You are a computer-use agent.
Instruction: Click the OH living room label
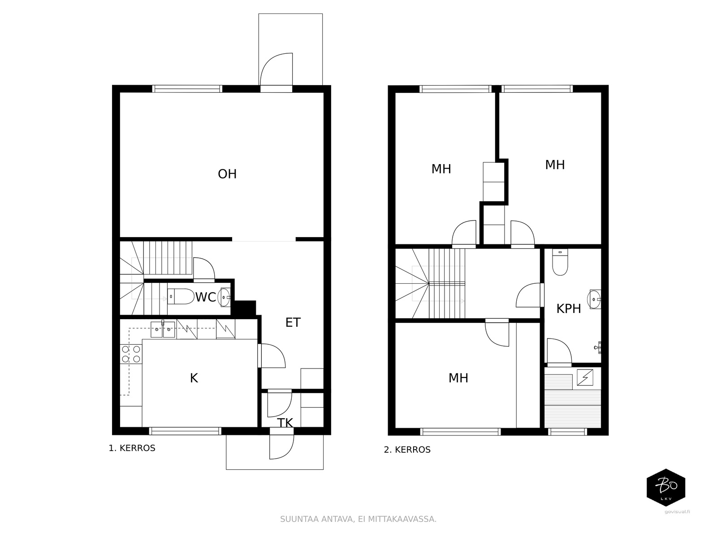pos(227,174)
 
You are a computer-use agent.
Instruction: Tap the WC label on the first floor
pos(206,297)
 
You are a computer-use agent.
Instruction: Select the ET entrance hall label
pos(293,323)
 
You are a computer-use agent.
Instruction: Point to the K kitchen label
pos(194,378)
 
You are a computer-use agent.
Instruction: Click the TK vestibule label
pos(285,423)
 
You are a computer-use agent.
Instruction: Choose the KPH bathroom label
pos(569,309)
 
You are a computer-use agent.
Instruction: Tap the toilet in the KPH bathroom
pos(560,262)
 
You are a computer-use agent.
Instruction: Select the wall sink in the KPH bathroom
pos(594,299)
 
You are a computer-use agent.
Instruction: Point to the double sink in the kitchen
pos(163,330)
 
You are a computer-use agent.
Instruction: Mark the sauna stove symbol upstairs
pos(585,377)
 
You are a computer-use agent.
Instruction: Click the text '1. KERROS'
pos(132,448)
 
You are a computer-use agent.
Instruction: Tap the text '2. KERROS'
pos(407,450)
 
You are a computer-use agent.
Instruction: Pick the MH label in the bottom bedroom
pos(458,378)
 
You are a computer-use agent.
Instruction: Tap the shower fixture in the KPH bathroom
pos(598,347)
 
